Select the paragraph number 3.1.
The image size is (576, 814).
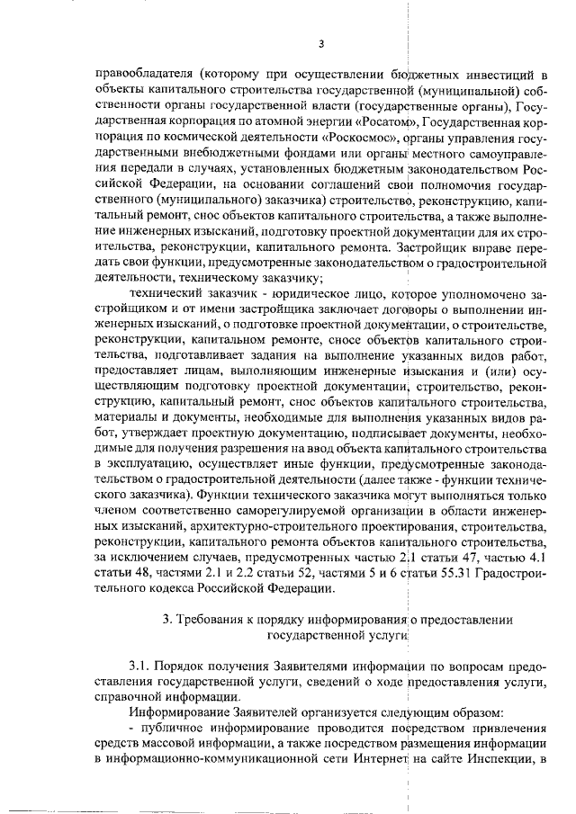click(x=141, y=666)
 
